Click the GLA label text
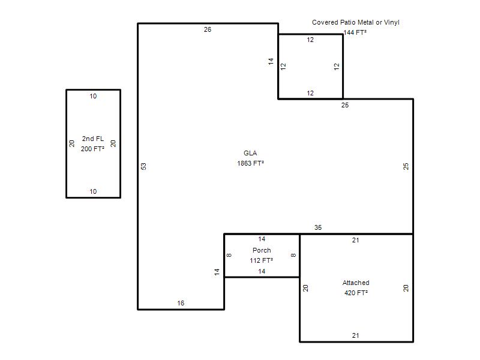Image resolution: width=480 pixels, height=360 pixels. coord(250,153)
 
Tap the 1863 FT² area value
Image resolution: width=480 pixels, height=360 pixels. coord(250,163)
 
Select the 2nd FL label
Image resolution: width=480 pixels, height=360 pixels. coord(93,139)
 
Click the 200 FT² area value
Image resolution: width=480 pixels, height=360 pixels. coord(92,149)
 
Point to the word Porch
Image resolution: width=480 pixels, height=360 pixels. coord(262,250)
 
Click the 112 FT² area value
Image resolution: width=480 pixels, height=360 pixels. coord(262,260)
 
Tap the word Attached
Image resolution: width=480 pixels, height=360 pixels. coord(356,283)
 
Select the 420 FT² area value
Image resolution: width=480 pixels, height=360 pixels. coord(356,293)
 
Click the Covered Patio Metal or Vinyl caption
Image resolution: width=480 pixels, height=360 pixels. coord(356,22)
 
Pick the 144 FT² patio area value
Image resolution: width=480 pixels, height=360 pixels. coord(355,32)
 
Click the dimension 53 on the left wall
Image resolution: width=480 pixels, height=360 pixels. coord(143,166)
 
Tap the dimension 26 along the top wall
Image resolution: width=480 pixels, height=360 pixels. coord(208,29)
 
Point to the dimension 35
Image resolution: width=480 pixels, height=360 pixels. coord(318,227)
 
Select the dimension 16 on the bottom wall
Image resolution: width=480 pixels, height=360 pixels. coord(181,303)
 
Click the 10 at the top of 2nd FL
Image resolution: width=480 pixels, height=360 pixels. coord(93,96)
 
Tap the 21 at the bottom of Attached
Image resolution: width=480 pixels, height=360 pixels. coord(355,335)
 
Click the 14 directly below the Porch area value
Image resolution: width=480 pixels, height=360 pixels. coord(262,271)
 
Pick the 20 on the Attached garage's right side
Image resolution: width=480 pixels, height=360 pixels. coord(406,288)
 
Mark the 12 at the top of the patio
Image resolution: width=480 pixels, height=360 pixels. coord(310,40)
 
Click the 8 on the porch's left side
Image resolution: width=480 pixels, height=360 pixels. coord(229,255)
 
